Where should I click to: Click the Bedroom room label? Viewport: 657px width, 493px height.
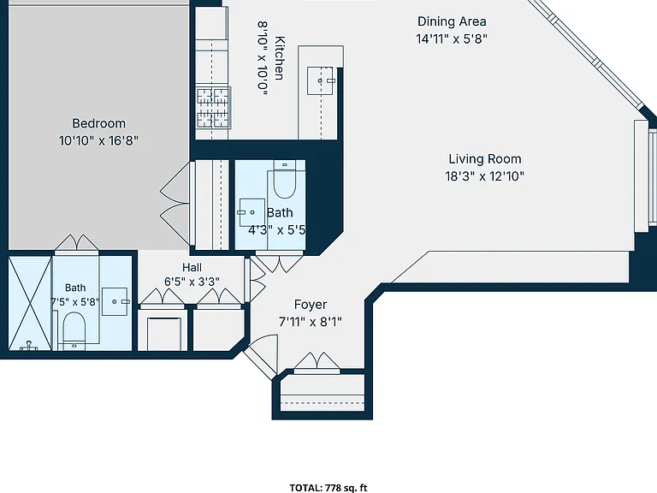pos(99,123)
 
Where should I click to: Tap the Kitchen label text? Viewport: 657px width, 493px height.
pos(280,58)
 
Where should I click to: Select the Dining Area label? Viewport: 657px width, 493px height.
pos(452,21)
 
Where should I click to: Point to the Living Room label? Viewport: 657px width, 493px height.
pos(485,159)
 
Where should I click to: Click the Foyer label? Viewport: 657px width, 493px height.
pos(311,305)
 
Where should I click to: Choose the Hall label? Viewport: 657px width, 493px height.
pos(192,267)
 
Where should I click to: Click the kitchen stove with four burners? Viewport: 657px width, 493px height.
pos(214,108)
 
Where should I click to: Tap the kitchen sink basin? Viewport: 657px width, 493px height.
pos(321,80)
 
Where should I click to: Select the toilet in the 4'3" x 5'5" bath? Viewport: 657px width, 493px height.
pos(285,180)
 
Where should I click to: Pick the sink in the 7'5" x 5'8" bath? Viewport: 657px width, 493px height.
pos(115,301)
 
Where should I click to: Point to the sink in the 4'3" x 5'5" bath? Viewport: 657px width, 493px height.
pos(252,212)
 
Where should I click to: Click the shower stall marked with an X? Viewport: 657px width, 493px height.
pos(30,304)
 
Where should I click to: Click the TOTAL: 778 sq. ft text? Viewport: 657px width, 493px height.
pos(328,488)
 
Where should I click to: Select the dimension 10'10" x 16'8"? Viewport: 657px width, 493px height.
pos(98,140)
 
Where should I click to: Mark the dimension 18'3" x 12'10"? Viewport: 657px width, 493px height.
pos(485,176)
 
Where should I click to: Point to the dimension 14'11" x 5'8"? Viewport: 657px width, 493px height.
pos(452,39)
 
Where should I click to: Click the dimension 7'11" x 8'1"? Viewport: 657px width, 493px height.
pos(311,322)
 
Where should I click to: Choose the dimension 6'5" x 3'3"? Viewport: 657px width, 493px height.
pos(192,282)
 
